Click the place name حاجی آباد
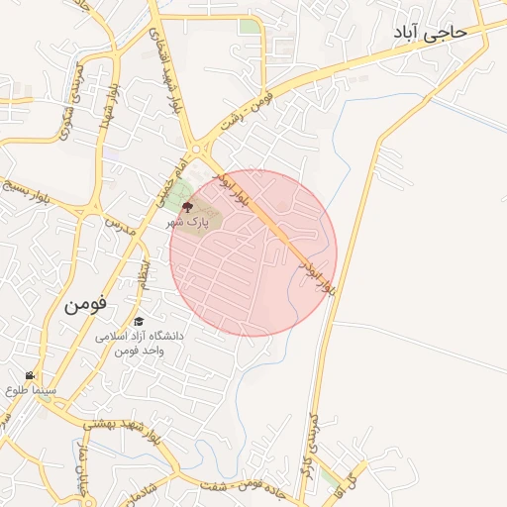[x=431, y=33]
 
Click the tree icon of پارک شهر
[x=187, y=207]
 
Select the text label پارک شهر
[x=188, y=223]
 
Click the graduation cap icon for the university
[x=139, y=322]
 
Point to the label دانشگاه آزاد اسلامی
[x=140, y=337]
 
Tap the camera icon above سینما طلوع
[x=31, y=376]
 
